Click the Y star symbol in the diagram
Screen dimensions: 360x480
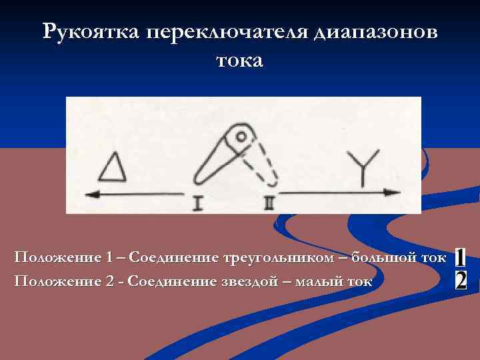(365, 167)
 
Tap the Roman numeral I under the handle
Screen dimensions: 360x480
(197, 203)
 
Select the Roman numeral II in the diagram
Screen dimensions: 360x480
(269, 203)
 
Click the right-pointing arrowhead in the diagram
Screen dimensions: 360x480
(393, 193)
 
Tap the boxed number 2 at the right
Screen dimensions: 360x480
(460, 280)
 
